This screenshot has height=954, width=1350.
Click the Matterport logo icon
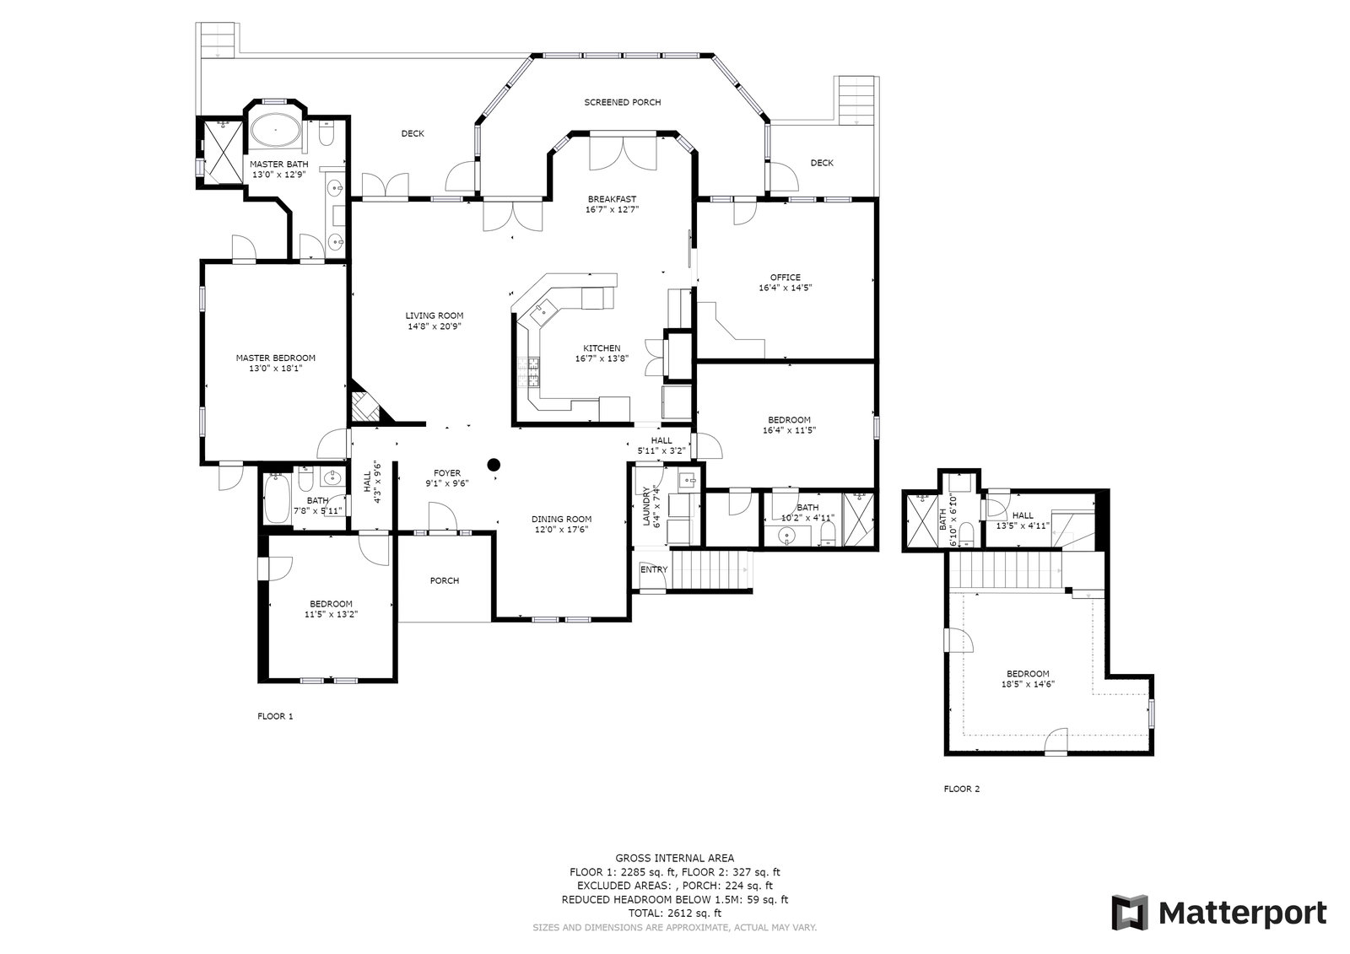coord(1130,913)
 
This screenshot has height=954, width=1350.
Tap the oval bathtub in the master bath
coord(275,129)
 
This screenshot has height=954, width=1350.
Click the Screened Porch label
coord(622,102)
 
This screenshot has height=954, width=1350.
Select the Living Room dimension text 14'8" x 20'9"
coord(434,326)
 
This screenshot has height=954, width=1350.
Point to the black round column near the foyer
coord(494,464)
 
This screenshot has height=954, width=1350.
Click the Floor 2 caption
coord(961,789)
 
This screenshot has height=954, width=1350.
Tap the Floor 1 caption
coord(275,717)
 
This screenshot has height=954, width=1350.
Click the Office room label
coord(786,278)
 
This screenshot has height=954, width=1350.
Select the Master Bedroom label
coord(275,358)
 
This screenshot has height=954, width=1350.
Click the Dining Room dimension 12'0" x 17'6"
coord(561,530)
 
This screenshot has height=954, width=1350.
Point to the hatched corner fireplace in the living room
coord(365,406)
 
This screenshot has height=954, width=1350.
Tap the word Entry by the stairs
coord(654,569)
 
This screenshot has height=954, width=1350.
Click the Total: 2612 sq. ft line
coord(674,913)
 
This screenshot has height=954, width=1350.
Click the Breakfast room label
coord(612,199)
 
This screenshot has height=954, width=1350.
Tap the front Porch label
coord(444,581)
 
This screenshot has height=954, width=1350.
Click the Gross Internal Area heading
coord(674,858)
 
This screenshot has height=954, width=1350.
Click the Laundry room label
coord(646,506)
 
